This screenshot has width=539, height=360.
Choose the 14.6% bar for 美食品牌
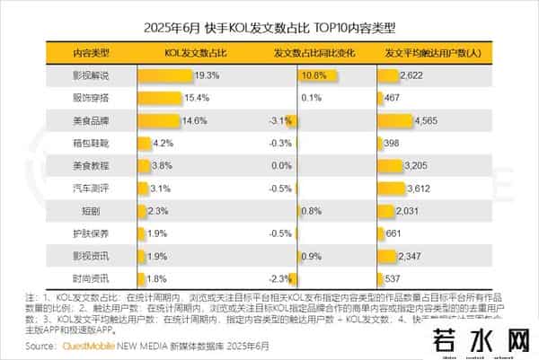coord(156,120)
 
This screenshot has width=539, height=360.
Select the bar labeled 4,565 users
coord(398,120)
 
